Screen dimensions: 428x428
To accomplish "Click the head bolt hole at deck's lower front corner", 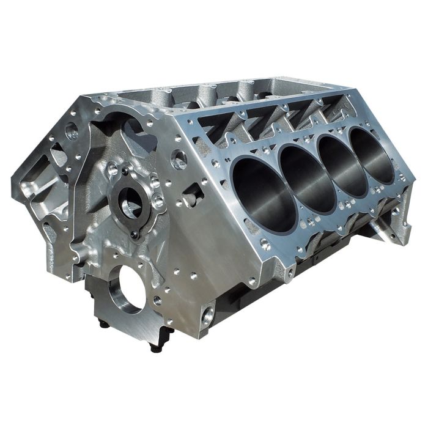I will (264, 243).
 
